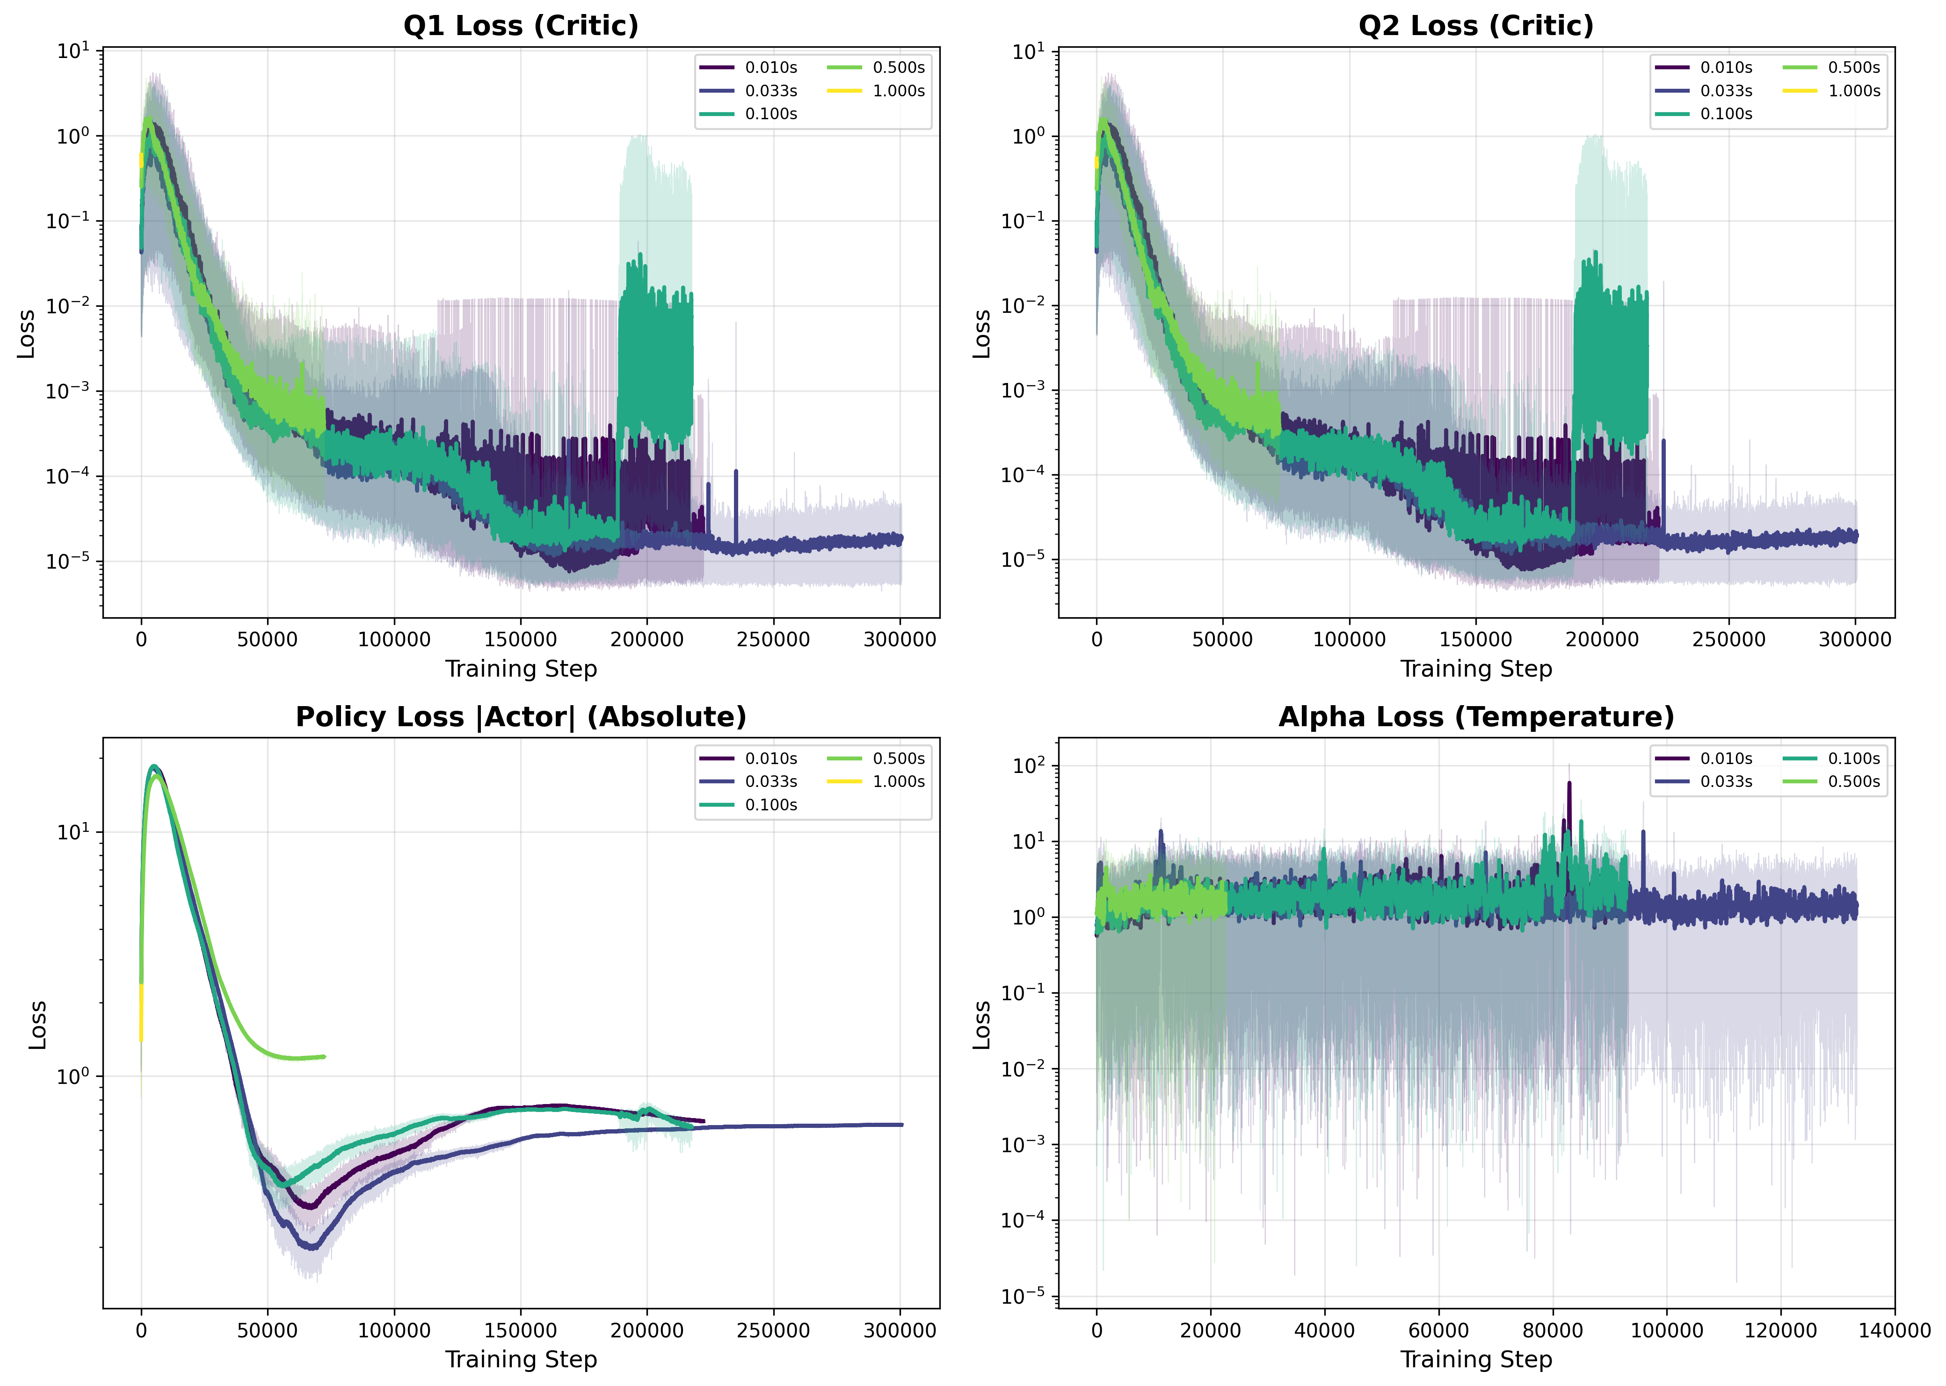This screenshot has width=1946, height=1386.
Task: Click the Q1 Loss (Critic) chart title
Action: click(x=521, y=26)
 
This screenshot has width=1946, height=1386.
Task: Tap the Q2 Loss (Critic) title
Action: click(x=1476, y=26)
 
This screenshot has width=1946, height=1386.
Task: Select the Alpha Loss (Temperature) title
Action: click(x=1476, y=717)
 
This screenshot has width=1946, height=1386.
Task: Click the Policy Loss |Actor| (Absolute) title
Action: click(x=521, y=717)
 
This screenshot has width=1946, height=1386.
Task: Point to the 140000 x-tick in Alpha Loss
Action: click(x=1894, y=1330)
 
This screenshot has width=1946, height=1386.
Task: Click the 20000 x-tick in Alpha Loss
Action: click(x=1210, y=1330)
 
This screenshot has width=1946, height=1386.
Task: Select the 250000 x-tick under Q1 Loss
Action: click(x=773, y=639)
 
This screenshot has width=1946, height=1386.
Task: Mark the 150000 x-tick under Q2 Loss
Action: click(x=1476, y=639)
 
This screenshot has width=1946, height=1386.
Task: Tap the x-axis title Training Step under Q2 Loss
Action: click(x=1476, y=669)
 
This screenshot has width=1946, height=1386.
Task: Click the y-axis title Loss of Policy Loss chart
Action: click(x=36, y=1024)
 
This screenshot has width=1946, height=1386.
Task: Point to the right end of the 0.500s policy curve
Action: click(x=324, y=1057)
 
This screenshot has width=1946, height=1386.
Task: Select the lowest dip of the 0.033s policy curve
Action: click(x=313, y=1248)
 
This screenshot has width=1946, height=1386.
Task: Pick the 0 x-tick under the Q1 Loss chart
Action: click(x=142, y=639)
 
